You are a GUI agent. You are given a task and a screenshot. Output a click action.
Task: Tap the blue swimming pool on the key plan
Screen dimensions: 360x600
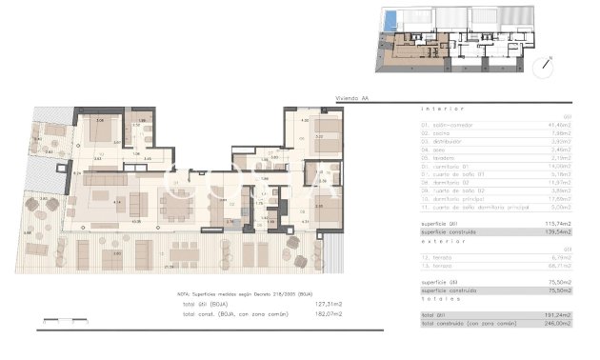(389, 19)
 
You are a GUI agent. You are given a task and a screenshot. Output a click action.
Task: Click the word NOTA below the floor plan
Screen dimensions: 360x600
(184, 295)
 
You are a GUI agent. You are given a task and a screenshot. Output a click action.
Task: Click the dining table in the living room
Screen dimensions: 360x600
(177, 205)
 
